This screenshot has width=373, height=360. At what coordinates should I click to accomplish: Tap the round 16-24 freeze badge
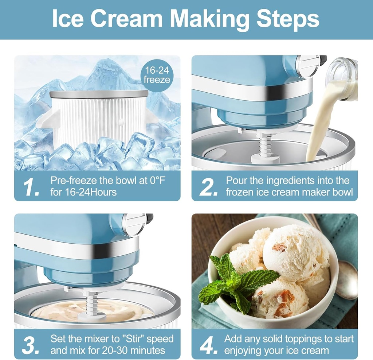click(157, 75)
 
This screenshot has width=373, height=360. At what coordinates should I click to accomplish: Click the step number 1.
click(31, 187)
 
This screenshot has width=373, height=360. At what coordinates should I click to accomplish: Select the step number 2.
click(208, 187)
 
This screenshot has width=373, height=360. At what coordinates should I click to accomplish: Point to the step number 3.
click(32, 345)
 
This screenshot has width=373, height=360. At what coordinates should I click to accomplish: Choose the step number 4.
click(208, 345)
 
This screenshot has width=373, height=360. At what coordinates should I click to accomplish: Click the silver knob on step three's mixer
click(134, 224)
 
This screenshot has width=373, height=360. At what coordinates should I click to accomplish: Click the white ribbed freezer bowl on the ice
click(98, 117)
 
